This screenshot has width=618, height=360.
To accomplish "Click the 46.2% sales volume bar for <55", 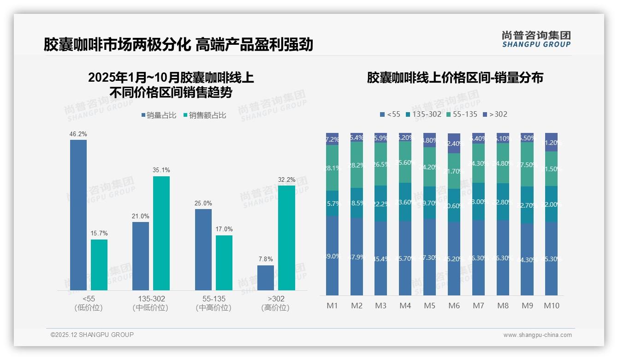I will [x=78, y=215].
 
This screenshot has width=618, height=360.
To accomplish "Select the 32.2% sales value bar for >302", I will [x=286, y=238].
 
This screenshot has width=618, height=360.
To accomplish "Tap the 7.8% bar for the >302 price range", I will [x=266, y=278].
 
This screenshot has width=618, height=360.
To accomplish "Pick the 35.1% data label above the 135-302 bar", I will [x=161, y=170].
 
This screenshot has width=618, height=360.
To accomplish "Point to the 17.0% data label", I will [x=224, y=229].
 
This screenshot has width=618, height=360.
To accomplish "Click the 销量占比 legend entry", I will [x=159, y=115].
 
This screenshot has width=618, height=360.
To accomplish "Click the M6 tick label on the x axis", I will [x=454, y=306].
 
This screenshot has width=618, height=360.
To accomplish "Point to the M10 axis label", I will [x=551, y=306].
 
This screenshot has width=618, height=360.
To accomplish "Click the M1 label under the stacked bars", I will [x=332, y=306].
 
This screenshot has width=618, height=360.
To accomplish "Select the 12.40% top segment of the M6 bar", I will [x=454, y=143].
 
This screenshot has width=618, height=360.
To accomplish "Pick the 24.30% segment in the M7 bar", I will [x=478, y=163].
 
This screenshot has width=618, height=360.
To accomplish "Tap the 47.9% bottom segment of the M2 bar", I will [x=357, y=257].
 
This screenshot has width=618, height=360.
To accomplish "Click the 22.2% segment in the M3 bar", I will [x=380, y=204].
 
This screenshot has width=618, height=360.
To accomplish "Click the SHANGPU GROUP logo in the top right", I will [x=536, y=39].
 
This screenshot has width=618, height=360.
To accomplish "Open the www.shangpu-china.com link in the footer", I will [x=537, y=335].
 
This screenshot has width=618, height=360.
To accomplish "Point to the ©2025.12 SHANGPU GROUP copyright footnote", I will [x=92, y=335].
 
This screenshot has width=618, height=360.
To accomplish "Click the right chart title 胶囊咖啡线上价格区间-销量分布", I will [x=455, y=78].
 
